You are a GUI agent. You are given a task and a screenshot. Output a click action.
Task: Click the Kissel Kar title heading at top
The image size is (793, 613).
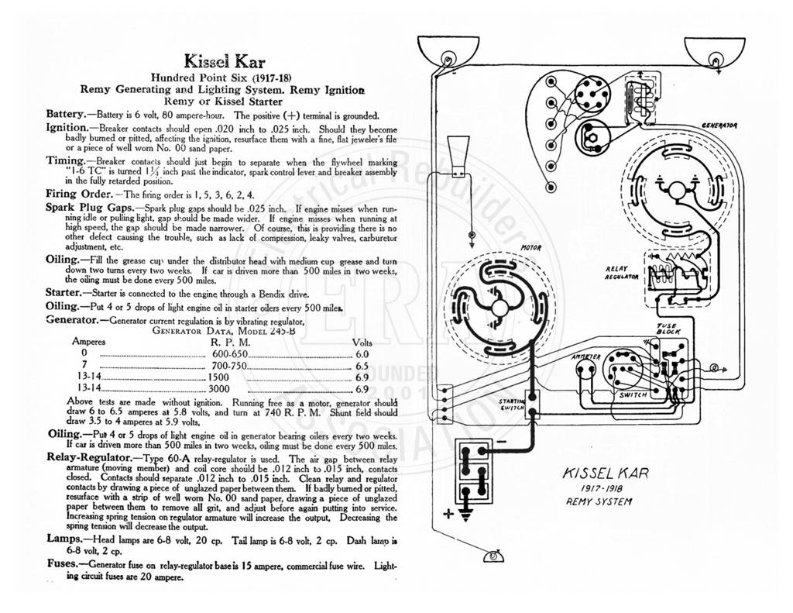pos(225,61)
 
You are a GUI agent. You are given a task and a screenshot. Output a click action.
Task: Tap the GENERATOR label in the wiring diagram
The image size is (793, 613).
pos(719,125)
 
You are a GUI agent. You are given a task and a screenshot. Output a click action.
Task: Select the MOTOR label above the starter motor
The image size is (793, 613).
pos(531,248)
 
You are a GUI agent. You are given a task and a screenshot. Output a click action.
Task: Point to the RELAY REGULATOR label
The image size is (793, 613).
pos(622,274)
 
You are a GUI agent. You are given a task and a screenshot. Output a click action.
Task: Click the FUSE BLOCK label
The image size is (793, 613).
pos(668,329)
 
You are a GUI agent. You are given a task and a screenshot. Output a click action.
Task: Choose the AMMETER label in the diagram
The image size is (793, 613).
pos(585,356)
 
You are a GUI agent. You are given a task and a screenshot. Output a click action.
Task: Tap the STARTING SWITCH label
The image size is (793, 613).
pos(511,404)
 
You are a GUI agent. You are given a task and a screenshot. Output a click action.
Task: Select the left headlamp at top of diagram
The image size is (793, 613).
pos(448,52)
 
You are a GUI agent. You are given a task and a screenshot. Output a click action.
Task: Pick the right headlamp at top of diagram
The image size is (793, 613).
pos(714,52)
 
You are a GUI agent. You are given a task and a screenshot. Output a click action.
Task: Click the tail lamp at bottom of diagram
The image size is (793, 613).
pos(493,556)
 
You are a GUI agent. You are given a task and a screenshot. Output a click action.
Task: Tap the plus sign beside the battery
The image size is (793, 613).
pos(448,514)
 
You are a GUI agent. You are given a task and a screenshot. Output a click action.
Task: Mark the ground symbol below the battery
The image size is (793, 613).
pos(465,515)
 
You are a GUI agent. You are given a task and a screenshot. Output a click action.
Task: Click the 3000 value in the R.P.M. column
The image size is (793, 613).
pos(219,389)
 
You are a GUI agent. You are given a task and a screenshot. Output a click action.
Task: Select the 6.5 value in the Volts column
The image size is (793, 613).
pos(362,366)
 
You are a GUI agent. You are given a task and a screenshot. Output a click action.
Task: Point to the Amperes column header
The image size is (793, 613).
pos(88,342)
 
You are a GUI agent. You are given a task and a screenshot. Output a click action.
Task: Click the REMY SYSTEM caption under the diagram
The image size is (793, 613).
pos(599,501)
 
